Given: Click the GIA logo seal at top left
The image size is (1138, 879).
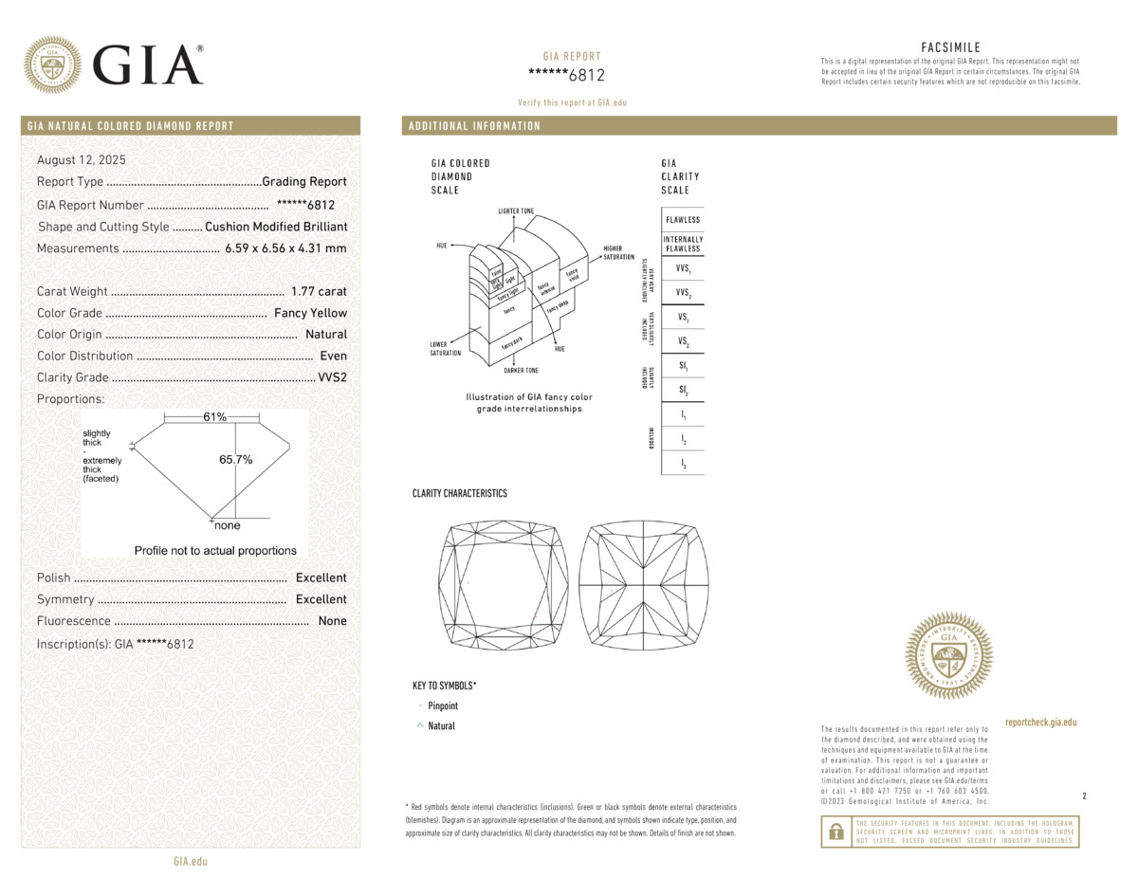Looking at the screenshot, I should click(x=53, y=64).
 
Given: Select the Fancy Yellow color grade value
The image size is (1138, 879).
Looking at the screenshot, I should click(x=310, y=313).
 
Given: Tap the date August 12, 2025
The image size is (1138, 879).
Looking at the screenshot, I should click(x=81, y=160).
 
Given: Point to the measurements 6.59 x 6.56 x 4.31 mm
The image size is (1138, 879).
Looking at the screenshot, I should click(x=285, y=248).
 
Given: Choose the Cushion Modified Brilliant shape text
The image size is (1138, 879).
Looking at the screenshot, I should click(x=276, y=227).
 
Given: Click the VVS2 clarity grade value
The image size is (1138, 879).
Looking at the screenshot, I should click(x=332, y=377).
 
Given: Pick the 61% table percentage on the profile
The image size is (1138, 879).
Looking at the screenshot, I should click(x=214, y=417).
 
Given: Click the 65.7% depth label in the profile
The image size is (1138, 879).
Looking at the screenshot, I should click(x=236, y=460).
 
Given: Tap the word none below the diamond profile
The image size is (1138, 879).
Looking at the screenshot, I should click(x=228, y=525).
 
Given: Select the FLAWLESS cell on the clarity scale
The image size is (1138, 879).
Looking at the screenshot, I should click(x=683, y=220).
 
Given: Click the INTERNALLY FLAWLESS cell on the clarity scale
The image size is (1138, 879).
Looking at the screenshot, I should click(x=683, y=244).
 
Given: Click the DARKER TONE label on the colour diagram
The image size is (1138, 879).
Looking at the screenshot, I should click(x=521, y=371).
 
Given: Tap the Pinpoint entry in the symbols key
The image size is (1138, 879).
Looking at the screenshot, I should click(x=443, y=706).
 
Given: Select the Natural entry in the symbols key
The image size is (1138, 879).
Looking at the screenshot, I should click(x=441, y=726).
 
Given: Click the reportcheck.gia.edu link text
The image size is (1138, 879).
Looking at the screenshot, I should click(x=1040, y=723).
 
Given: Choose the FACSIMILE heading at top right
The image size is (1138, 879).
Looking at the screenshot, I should click(x=950, y=47).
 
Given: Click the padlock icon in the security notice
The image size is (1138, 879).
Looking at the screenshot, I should click(x=835, y=832).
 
